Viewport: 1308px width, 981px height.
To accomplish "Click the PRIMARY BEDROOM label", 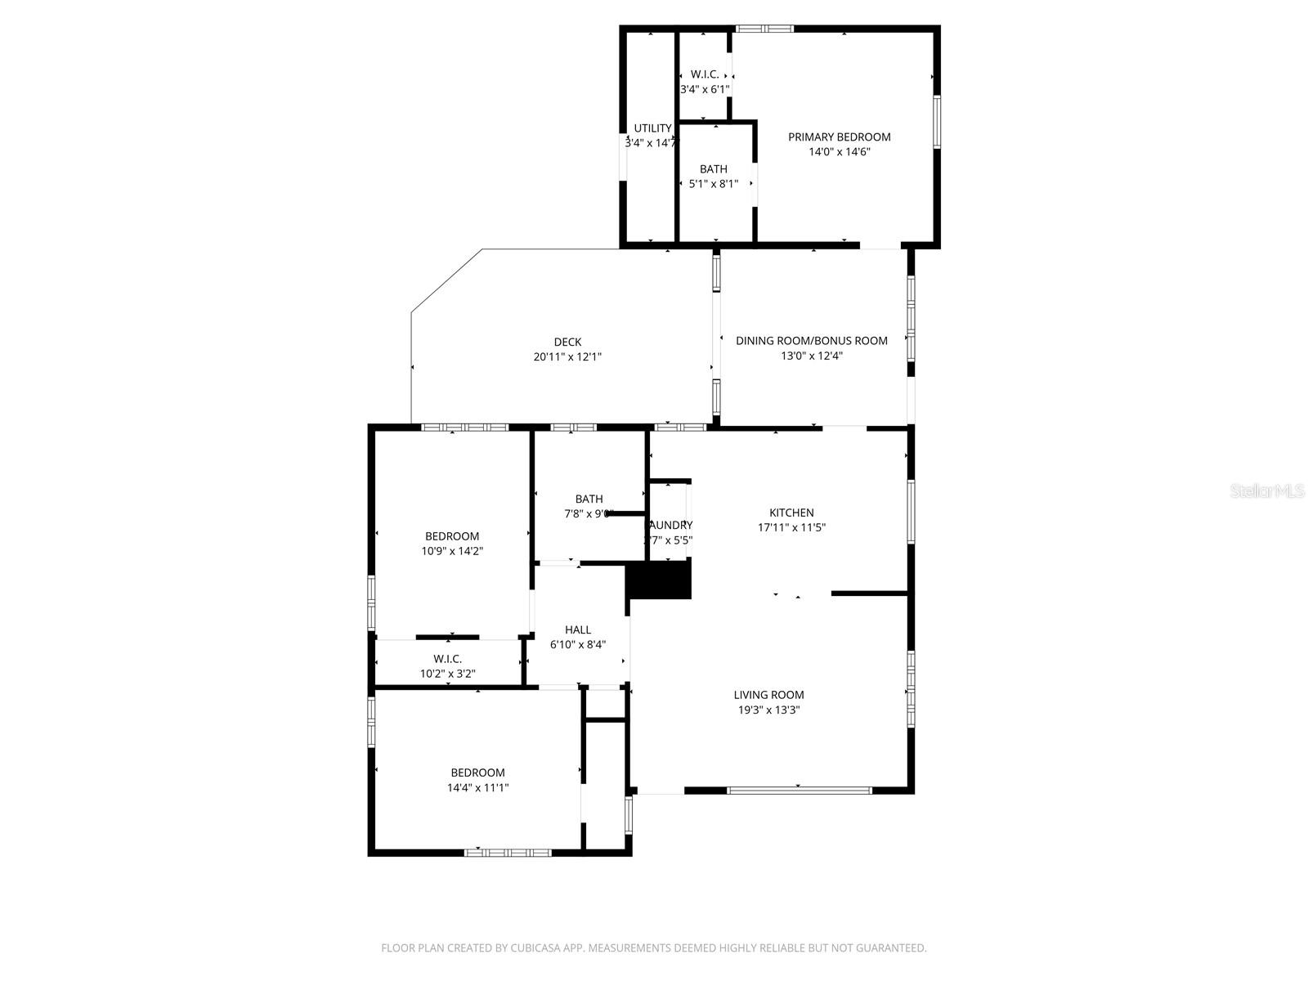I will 839,137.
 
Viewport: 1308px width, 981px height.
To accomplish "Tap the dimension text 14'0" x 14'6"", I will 839,151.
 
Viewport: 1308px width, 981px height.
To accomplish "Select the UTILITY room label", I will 652,128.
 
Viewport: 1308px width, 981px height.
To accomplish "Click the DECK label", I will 567,342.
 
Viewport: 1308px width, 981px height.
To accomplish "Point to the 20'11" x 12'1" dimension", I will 567,356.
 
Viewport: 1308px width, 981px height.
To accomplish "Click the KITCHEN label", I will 791,513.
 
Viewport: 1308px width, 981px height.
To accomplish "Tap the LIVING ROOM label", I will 768,695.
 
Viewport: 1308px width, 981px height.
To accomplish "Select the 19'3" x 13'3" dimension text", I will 768,710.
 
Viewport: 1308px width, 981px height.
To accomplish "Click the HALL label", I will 577,629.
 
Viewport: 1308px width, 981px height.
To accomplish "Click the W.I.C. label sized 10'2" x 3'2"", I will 447,659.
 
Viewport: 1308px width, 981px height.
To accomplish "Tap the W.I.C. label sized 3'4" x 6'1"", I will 705,74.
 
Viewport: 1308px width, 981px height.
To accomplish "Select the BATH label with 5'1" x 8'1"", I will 713,169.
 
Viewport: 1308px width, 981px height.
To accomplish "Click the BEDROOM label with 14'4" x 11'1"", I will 477,773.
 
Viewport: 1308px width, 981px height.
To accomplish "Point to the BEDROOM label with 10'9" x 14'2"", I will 452,536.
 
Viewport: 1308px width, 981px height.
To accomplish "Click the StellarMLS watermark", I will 1267,490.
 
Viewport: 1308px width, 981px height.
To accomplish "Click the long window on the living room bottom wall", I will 800,791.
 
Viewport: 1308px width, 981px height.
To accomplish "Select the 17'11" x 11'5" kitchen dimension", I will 791,527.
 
